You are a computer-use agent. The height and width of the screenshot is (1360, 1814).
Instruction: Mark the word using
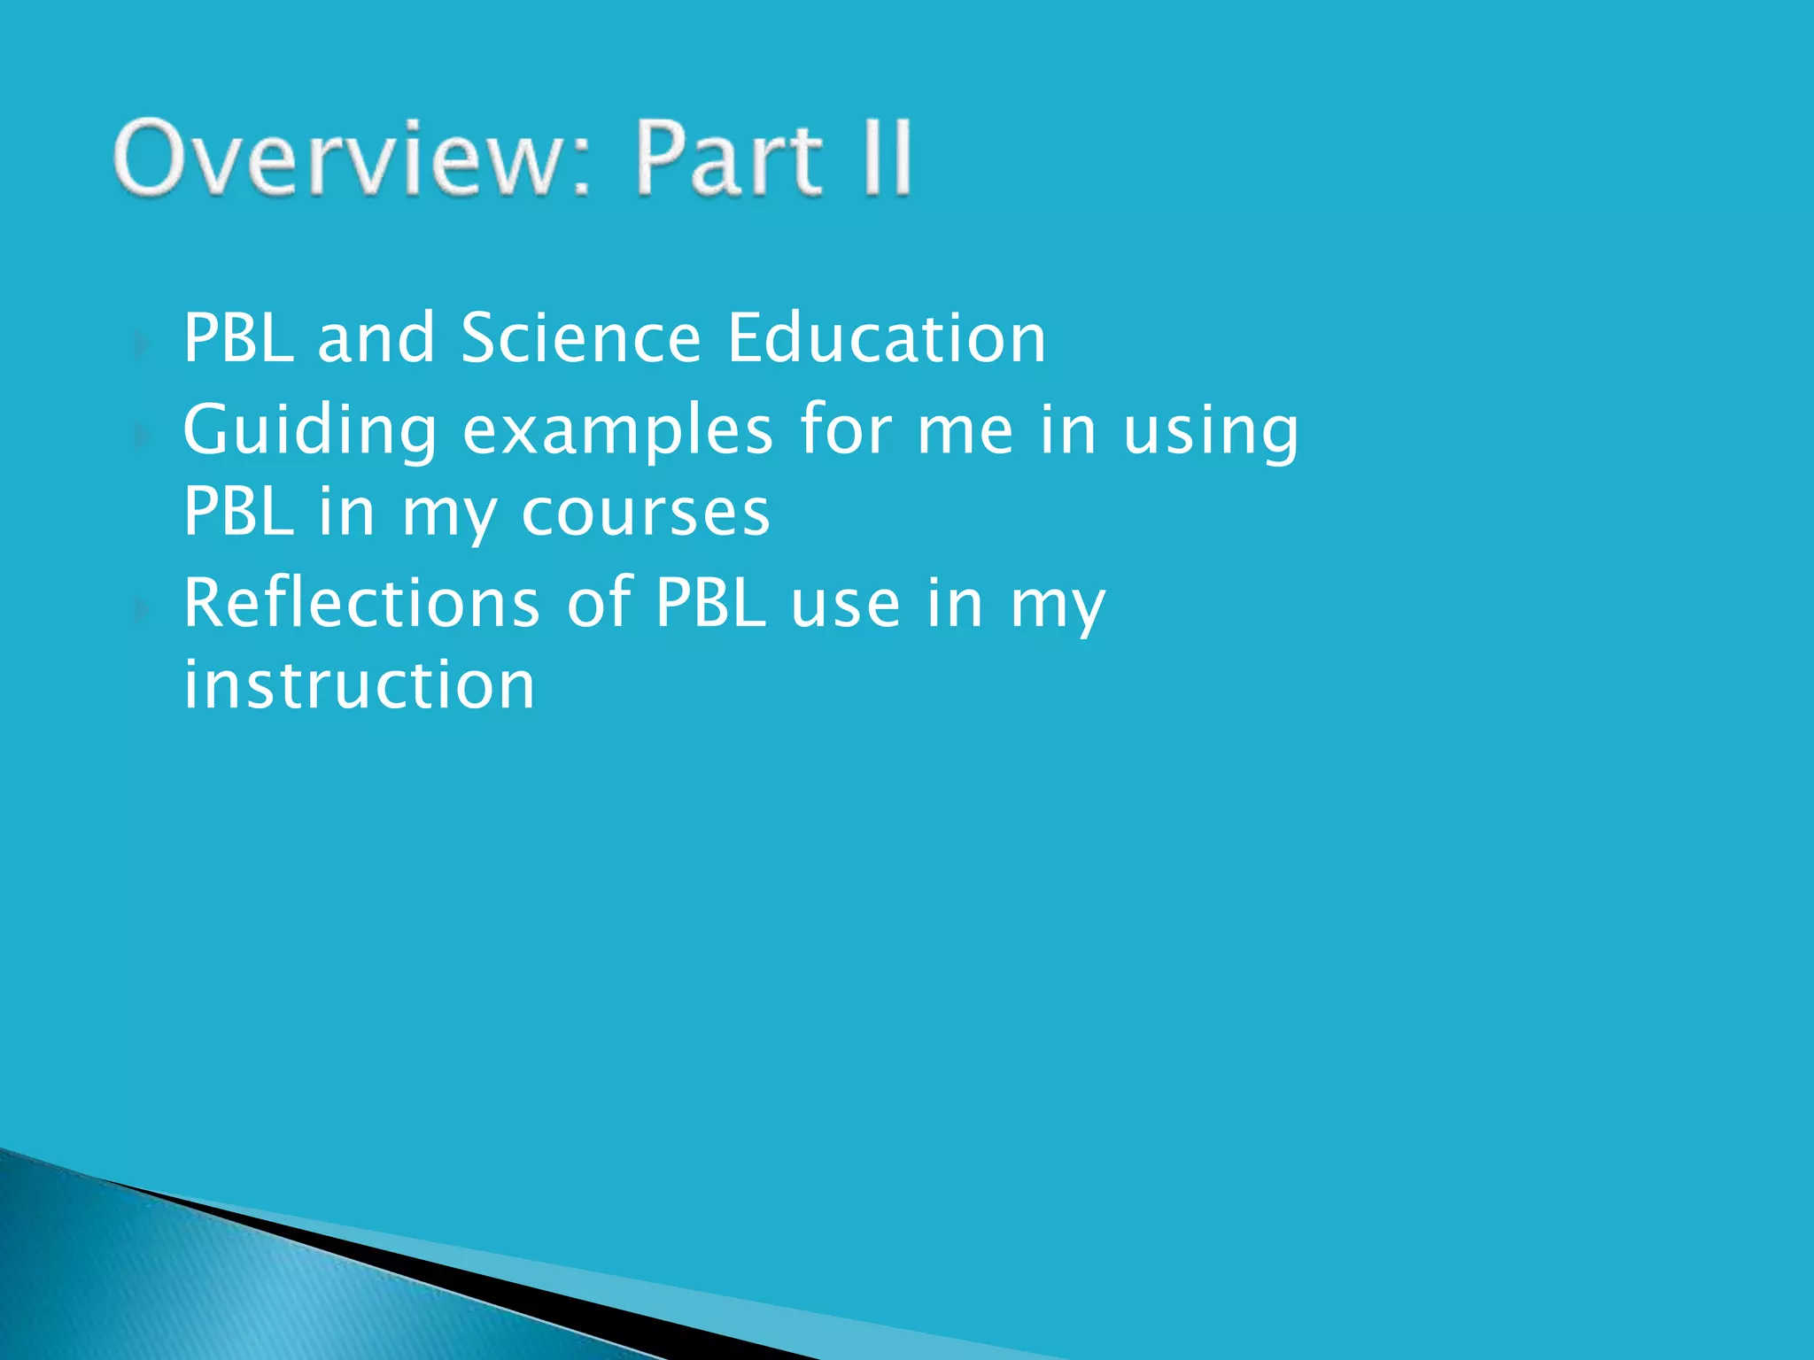pyautogui.click(x=1211, y=431)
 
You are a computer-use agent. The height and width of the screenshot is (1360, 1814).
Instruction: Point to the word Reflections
pyautogui.click(x=361, y=602)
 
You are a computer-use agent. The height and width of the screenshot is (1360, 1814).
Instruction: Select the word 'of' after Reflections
pyautogui.click(x=598, y=602)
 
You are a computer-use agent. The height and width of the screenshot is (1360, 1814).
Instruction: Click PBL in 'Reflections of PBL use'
pyautogui.click(x=710, y=602)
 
